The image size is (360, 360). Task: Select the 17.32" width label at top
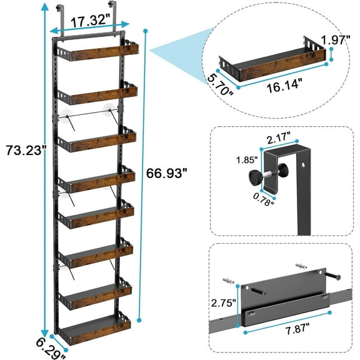pos(89,21)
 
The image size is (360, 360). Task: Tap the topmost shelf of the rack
pos(95,52)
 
